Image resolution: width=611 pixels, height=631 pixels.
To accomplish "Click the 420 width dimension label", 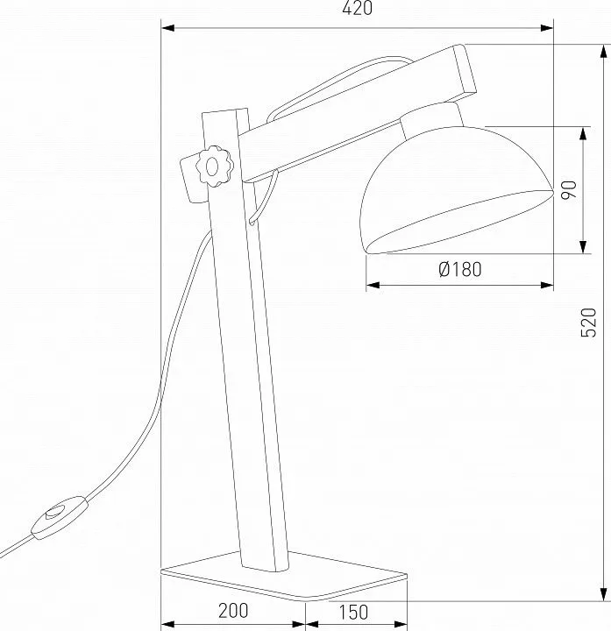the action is coord(357,8).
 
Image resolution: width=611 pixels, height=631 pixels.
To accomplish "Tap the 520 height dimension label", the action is coord(588,323).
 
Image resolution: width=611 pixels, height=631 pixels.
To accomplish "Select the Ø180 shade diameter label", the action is coord(460,269).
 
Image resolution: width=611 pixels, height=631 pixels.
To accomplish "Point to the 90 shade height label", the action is coord(569,190).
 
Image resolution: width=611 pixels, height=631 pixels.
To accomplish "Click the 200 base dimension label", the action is coord(233,611).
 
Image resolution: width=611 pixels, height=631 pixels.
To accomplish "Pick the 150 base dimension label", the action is coord(353,612).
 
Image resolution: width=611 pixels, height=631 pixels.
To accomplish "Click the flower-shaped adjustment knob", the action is coord(215,167).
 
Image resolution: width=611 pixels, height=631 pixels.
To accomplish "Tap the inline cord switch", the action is coord(60,518).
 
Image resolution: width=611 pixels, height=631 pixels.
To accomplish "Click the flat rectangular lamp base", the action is coord(284,577).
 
